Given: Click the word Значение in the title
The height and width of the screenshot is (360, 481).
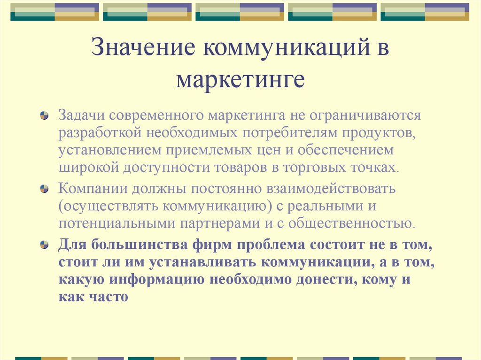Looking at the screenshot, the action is click(x=143, y=46).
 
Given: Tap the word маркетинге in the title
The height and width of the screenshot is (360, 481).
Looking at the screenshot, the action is click(x=240, y=81).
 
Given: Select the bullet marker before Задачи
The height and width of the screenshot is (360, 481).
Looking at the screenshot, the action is click(x=45, y=115).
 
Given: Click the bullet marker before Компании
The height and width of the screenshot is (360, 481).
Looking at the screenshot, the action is click(x=45, y=189).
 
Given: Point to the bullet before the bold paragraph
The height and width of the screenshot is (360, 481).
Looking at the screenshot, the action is click(x=45, y=245).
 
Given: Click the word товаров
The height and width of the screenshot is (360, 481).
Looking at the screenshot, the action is click(x=240, y=168).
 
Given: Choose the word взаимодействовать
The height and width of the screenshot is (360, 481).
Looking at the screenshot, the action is click(x=331, y=189).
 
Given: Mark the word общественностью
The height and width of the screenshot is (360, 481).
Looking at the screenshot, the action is click(x=351, y=223).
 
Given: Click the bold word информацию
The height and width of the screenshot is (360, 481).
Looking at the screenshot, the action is click(x=157, y=280).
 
